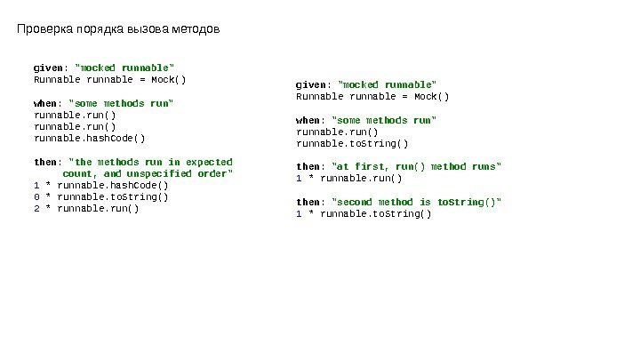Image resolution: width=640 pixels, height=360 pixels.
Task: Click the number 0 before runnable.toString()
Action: click(x=36, y=197)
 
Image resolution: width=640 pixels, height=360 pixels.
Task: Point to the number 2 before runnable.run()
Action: click(x=36, y=209)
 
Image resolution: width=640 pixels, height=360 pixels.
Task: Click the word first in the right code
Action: click(x=365, y=166)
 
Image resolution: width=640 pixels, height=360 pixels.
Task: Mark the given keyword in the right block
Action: click(x=310, y=84)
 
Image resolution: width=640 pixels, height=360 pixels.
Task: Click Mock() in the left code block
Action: click(x=169, y=78)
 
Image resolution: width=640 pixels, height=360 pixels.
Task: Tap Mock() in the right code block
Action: click(x=431, y=96)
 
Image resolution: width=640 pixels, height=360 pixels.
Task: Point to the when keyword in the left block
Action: click(x=45, y=102)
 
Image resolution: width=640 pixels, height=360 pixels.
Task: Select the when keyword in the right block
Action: click(x=308, y=120)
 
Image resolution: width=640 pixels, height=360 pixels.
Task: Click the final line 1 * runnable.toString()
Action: click(x=364, y=214)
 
